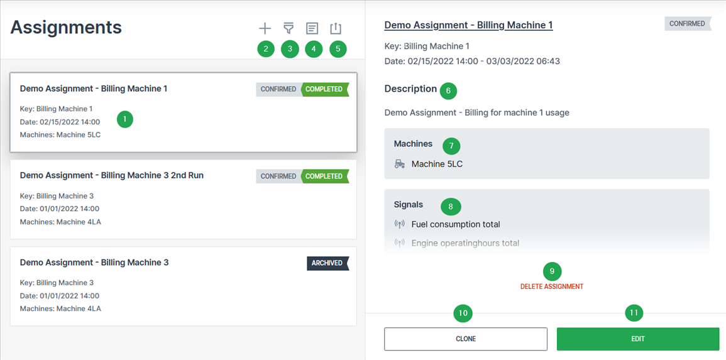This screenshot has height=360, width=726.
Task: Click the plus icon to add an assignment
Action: coord(265,28)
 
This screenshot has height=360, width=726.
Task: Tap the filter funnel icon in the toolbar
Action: coord(289,28)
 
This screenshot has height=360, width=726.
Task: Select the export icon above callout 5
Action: coord(336,28)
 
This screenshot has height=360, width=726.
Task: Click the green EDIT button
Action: coord(637,339)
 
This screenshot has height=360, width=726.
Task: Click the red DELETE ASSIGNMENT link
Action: coord(551,286)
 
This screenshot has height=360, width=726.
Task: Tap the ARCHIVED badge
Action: coord(327,263)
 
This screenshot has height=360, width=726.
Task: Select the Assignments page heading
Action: coord(66,27)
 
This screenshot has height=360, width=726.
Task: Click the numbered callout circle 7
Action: coord(451,146)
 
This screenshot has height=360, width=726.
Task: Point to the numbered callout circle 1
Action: coord(125,119)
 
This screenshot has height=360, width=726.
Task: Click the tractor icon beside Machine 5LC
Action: coord(400,164)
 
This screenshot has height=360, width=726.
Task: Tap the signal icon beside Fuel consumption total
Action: coord(400,224)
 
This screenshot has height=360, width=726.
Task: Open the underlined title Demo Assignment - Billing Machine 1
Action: coord(468,25)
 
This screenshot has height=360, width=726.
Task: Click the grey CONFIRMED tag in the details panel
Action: coord(687,24)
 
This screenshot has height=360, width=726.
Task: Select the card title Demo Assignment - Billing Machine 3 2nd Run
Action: coord(112,175)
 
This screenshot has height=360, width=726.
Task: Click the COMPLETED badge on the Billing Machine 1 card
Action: coord(324,89)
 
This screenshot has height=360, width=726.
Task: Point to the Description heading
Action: coord(410,89)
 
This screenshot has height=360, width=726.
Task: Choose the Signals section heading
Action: coord(408,204)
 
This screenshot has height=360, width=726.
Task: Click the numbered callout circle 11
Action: coord(634,313)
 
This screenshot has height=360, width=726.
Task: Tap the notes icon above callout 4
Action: coord(312,28)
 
